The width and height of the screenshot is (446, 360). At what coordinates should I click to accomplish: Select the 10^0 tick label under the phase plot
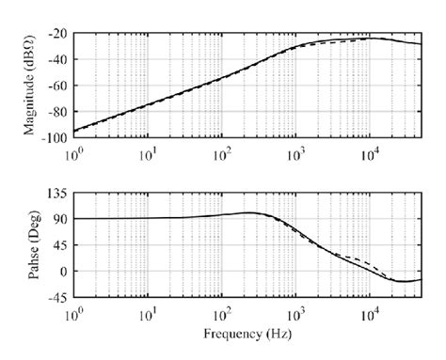click(x=74, y=309)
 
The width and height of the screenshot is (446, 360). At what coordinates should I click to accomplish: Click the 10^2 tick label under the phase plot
click(x=222, y=309)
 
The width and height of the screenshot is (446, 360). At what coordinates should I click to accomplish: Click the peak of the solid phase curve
click(x=248, y=212)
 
